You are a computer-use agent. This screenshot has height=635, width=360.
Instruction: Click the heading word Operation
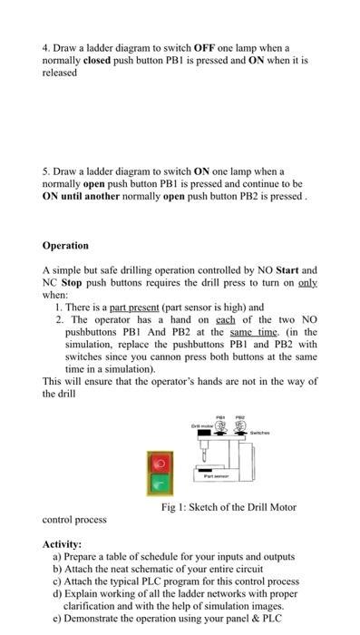65,245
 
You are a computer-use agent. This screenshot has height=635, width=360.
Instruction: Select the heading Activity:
66,543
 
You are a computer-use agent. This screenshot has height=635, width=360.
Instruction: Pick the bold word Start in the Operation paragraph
284,270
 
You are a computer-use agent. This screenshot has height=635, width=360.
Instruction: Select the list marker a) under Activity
58,555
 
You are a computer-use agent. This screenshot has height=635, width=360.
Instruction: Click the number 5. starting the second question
47,171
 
